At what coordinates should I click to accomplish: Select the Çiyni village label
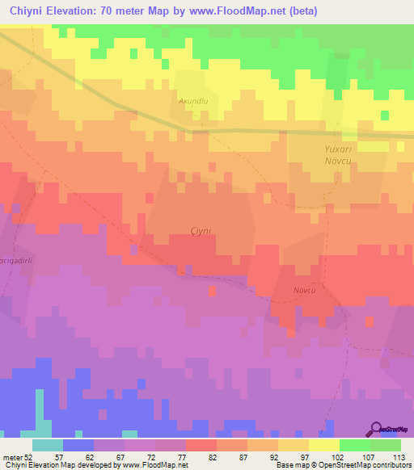coord(200,231)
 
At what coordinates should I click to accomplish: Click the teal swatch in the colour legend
coord(48,444)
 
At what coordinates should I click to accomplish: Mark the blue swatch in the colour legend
coord(78,444)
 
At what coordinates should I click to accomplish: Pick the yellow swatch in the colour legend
coord(324,444)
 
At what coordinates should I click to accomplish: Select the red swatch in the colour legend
coord(201,444)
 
